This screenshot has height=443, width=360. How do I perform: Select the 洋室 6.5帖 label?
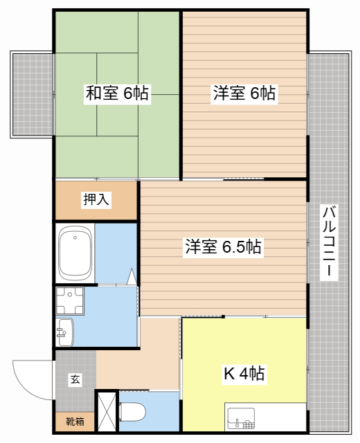point(222,246)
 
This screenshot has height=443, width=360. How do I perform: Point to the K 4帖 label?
point(243,374)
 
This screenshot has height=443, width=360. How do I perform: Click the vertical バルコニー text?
point(330,242)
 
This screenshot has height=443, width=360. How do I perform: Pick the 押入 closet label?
point(97,201)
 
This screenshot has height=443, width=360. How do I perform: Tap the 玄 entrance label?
point(73,379)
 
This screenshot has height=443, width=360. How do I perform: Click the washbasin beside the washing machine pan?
point(64,331)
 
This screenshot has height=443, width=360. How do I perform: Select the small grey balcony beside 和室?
point(32,94)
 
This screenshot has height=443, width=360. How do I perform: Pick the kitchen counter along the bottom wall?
point(265,417)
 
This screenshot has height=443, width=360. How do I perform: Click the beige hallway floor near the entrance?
point(138,360)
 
